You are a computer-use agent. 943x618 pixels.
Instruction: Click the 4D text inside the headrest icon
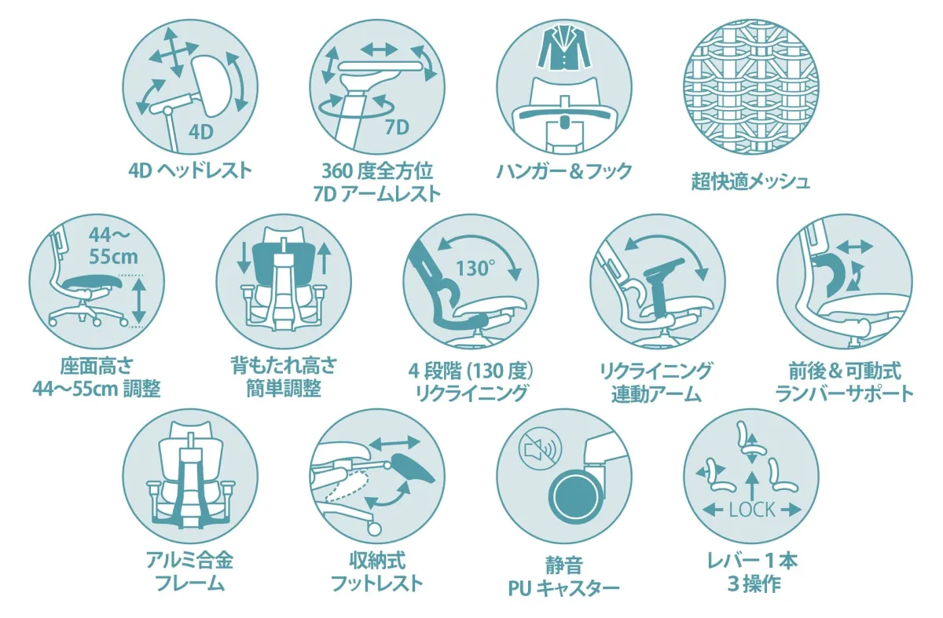(201, 131)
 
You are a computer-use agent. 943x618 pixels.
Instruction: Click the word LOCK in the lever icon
(752, 509)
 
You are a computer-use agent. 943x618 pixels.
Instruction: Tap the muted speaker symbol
(539, 450)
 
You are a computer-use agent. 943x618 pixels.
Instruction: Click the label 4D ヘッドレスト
(191, 170)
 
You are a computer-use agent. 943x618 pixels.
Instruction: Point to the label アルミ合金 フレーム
(190, 572)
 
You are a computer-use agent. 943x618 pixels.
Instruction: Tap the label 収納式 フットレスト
(377, 572)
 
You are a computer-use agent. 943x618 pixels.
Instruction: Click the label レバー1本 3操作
(752, 572)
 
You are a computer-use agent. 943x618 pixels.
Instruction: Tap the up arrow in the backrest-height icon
(327, 257)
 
